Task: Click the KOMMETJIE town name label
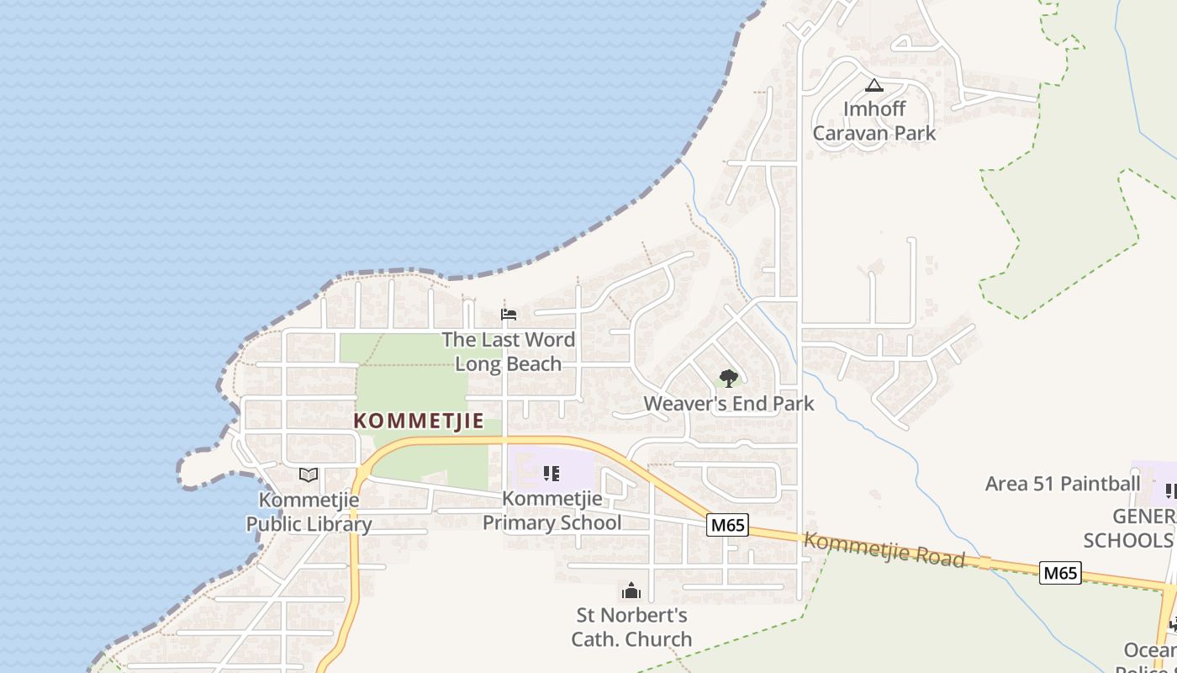point(419,421)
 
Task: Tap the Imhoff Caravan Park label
point(874,121)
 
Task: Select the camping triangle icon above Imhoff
point(874,85)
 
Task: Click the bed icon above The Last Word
point(509,315)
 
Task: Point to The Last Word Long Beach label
point(509,352)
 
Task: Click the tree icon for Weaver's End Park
point(729,379)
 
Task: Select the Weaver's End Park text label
point(729,404)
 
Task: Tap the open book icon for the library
point(309,475)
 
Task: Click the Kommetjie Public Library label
point(309,511)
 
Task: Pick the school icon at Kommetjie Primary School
point(552,474)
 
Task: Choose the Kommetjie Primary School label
point(552,511)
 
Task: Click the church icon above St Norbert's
point(631,591)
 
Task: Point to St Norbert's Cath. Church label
point(631,627)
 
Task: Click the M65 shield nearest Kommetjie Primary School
point(727,525)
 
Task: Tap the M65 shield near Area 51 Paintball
point(1059,573)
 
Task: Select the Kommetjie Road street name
point(883,550)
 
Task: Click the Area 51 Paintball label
point(1063,484)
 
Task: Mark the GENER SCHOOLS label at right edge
point(1131,528)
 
